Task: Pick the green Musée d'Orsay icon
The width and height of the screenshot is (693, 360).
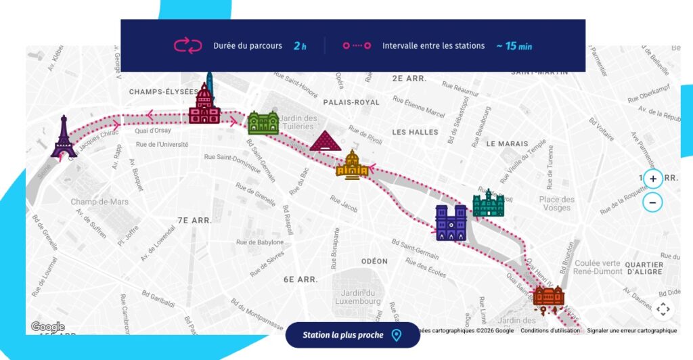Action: click(x=263, y=122)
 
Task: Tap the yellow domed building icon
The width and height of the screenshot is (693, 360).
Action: click(x=352, y=165)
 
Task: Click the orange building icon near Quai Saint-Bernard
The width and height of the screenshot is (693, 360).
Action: click(x=548, y=297)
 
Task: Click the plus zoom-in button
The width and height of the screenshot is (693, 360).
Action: click(x=653, y=179)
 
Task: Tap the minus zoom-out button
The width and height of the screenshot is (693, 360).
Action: click(x=653, y=202)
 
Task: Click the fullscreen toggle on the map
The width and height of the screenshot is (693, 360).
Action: click(x=663, y=310)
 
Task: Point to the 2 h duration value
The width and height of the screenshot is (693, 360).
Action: click(x=300, y=46)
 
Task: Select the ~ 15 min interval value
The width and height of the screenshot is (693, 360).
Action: click(x=514, y=46)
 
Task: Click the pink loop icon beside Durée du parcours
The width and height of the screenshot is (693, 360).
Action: click(x=188, y=46)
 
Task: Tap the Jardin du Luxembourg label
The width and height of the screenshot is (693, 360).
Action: click(x=359, y=296)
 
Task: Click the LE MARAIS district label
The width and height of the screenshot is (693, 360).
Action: click(x=507, y=143)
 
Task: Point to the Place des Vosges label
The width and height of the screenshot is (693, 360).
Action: click(x=557, y=204)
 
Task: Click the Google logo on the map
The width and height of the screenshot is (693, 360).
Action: click(x=47, y=328)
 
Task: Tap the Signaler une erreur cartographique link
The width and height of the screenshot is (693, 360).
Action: click(x=631, y=331)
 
